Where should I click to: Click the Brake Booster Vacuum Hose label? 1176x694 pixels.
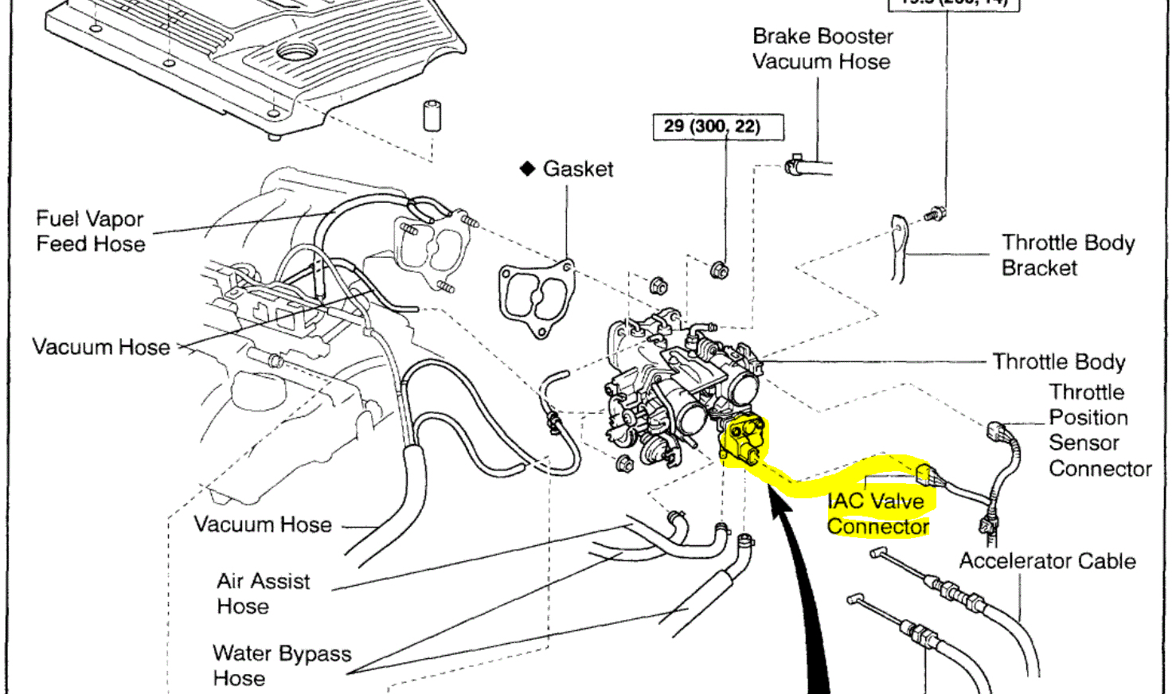click(822, 49)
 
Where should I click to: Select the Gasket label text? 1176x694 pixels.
click(578, 169)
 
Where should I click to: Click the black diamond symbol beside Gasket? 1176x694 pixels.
click(527, 169)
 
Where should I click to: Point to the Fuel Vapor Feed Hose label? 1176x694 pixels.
click(90, 231)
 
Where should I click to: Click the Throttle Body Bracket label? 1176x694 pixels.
click(1067, 255)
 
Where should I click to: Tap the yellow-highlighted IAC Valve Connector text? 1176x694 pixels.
click(877, 513)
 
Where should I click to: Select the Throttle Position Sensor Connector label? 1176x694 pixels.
click(1099, 430)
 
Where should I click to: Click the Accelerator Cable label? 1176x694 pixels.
click(1047, 561)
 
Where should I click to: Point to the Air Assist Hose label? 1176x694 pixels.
click(263, 593)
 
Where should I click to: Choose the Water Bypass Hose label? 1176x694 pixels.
click(281, 665)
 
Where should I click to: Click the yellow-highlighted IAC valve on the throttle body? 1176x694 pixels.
click(744, 440)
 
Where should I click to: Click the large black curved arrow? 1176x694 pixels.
click(804, 605)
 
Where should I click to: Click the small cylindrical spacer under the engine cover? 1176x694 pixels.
click(432, 116)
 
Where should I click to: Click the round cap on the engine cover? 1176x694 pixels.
click(296, 53)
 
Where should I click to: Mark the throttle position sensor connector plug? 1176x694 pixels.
click(995, 431)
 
